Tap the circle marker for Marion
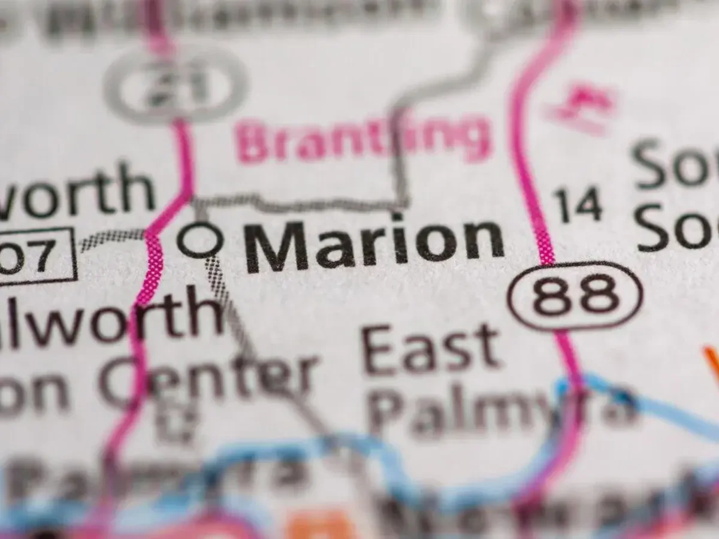coord(200,240)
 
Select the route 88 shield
coord(575,296)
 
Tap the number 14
coord(578,205)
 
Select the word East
coord(430,349)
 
